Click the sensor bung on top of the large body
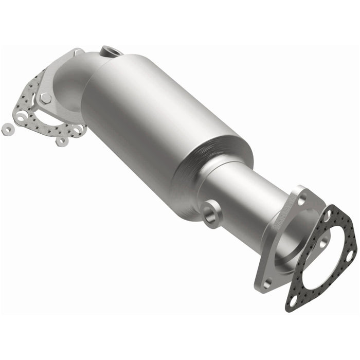(x=110, y=51)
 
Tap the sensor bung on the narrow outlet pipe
(x=211, y=212)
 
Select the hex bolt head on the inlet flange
(x=46, y=98)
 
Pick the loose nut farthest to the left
(x=8, y=129)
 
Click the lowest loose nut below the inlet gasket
(x=62, y=141)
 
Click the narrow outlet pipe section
(x=242, y=195)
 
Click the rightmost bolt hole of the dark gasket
(x=350, y=254)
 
